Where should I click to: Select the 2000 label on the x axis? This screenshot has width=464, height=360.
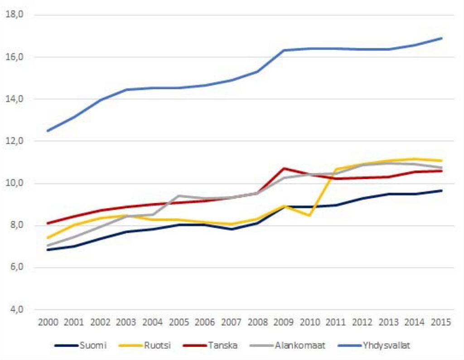click(48, 322)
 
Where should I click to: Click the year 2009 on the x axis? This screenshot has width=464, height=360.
click(284, 322)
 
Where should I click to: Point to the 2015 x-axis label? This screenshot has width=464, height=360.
click(441, 322)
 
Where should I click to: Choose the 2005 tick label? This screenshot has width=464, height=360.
click(179, 322)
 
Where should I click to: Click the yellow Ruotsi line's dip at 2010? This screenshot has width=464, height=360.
click(310, 216)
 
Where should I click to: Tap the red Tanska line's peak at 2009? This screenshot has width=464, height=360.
click(284, 168)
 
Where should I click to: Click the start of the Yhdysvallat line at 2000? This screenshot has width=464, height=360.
click(48, 131)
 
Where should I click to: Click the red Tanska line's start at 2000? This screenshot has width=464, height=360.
click(48, 223)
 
